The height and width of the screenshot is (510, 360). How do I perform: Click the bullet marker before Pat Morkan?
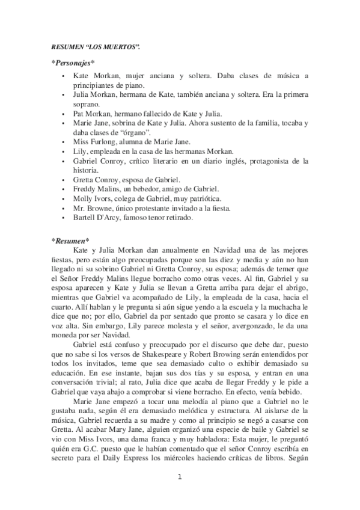[x=64, y=113]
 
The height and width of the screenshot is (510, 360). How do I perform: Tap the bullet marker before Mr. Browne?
[x=64, y=208]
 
